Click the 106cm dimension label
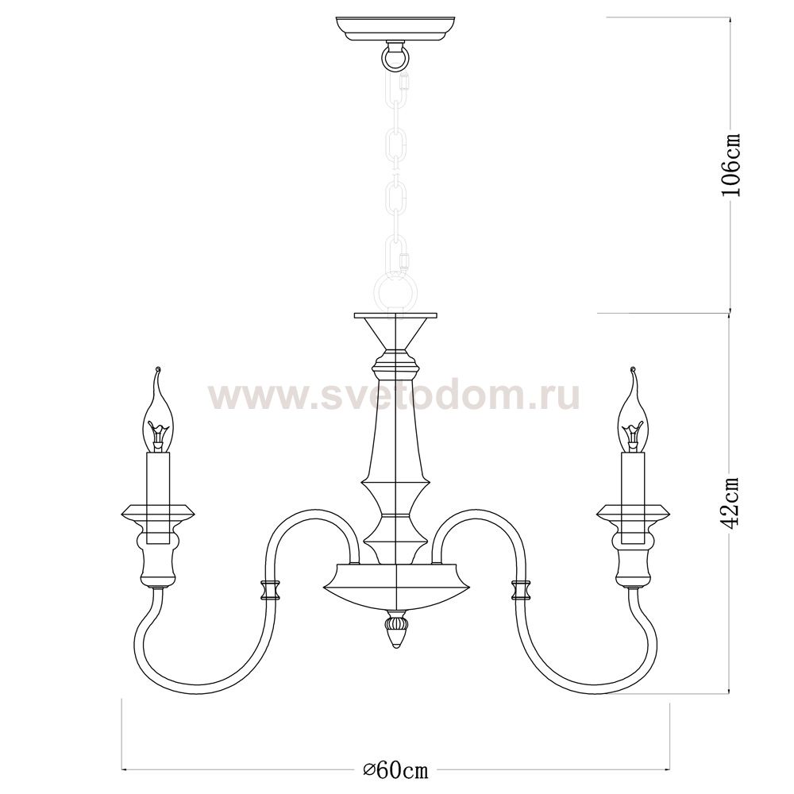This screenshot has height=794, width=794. pyautogui.click(x=730, y=164)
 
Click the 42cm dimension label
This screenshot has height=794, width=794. pyautogui.click(x=730, y=502)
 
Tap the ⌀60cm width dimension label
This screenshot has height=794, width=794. pyautogui.click(x=396, y=770)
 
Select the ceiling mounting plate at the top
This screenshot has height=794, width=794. pyautogui.click(x=395, y=29)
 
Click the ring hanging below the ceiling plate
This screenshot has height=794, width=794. pyautogui.click(x=395, y=57)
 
